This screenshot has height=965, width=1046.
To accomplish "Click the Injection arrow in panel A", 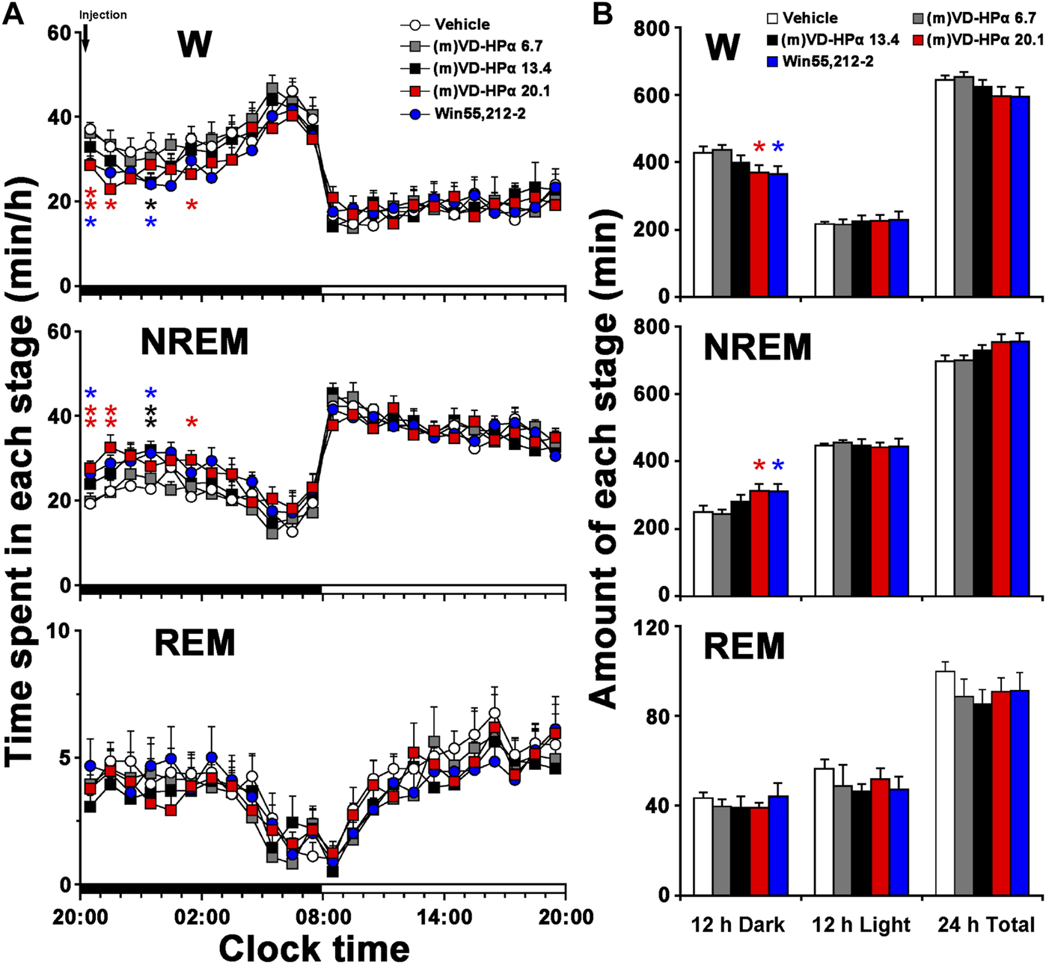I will coord(85,37).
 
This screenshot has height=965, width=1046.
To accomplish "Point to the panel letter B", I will coord(604,14).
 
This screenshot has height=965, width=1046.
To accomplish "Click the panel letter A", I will coord(13,14).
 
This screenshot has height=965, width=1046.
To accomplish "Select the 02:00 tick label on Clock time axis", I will coord(203,916).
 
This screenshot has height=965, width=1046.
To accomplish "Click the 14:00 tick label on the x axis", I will coord(444,916).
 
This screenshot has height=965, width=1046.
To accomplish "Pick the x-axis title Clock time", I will coord(314,948).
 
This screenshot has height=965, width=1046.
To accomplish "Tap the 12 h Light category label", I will coord(861,925).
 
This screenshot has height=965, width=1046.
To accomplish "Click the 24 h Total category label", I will coord(986,925).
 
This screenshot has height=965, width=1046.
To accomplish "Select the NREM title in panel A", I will coord(195,342).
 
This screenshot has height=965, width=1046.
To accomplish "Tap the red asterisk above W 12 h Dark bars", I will coord(759,148).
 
